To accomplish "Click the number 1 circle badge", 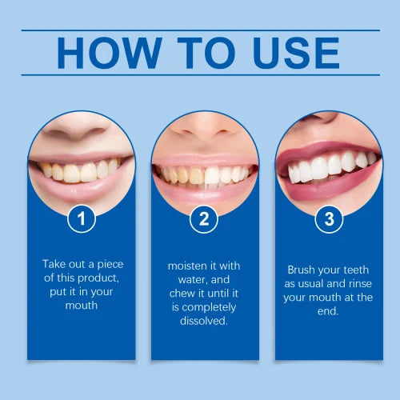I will [x=81, y=218].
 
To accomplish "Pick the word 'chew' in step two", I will [x=186, y=292].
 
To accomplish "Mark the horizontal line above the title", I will [x=200, y=30].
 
